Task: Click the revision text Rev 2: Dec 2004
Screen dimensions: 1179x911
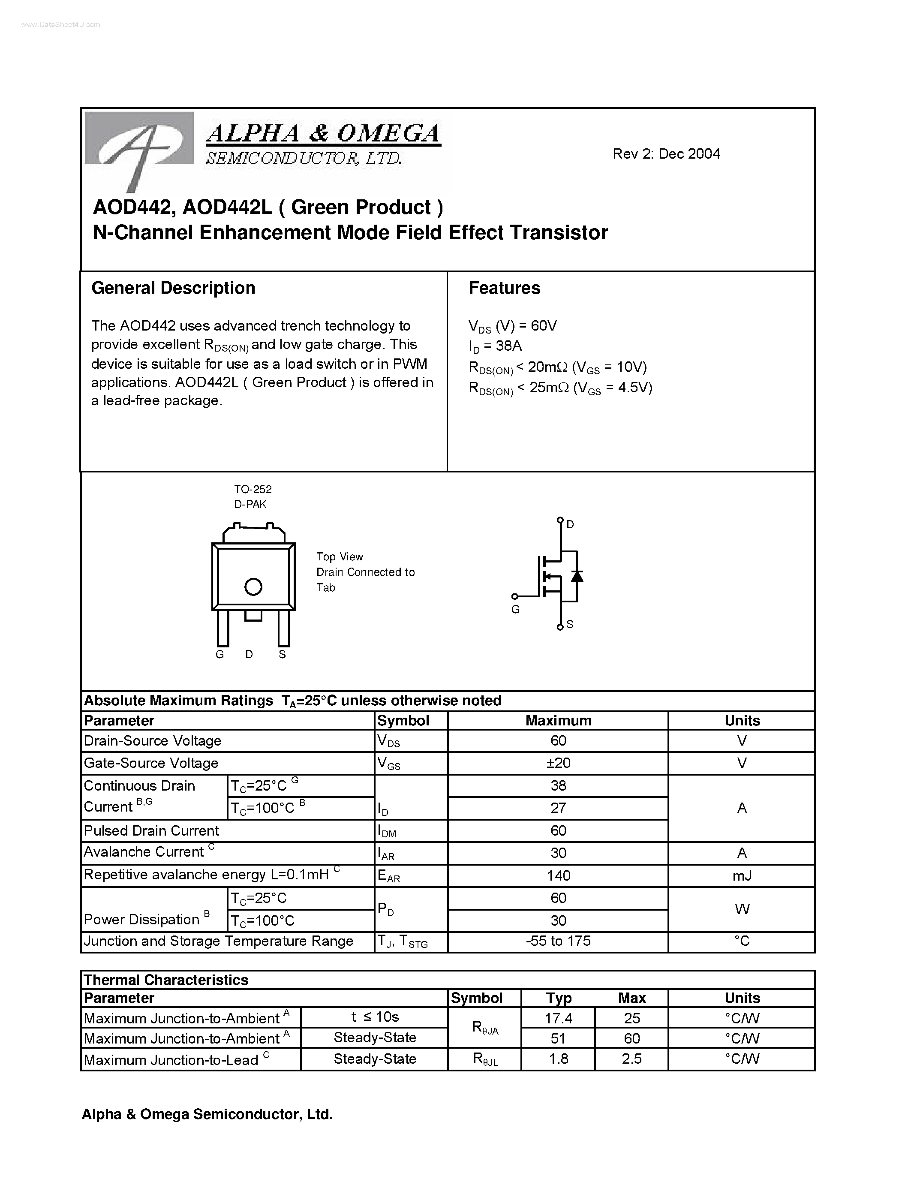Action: pyautogui.click(x=666, y=154)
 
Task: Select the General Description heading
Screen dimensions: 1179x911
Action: pyautogui.click(x=173, y=288)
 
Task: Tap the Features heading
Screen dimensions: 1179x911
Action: pyautogui.click(x=504, y=288)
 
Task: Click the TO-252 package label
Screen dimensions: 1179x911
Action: pyautogui.click(x=253, y=489)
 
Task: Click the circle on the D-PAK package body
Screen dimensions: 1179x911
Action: pyautogui.click(x=253, y=587)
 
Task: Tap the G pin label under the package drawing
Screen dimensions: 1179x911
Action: pyautogui.click(x=219, y=654)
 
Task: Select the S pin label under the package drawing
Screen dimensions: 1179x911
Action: pyautogui.click(x=282, y=654)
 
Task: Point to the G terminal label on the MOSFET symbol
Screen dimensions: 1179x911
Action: pyautogui.click(x=515, y=610)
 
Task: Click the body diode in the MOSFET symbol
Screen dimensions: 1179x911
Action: pyautogui.click(x=577, y=576)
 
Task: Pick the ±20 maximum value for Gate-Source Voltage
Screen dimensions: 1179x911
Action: pyautogui.click(x=558, y=763)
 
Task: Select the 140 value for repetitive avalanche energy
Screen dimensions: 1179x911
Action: pyautogui.click(x=558, y=875)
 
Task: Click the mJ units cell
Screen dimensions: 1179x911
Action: pyautogui.click(x=742, y=875)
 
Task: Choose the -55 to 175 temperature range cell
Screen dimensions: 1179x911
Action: pyautogui.click(x=558, y=941)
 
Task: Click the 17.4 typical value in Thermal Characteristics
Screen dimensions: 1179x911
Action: pyautogui.click(x=558, y=1018)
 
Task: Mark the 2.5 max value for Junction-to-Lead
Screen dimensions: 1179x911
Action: pyautogui.click(x=631, y=1059)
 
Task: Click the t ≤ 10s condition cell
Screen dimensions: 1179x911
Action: pyautogui.click(x=375, y=1017)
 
